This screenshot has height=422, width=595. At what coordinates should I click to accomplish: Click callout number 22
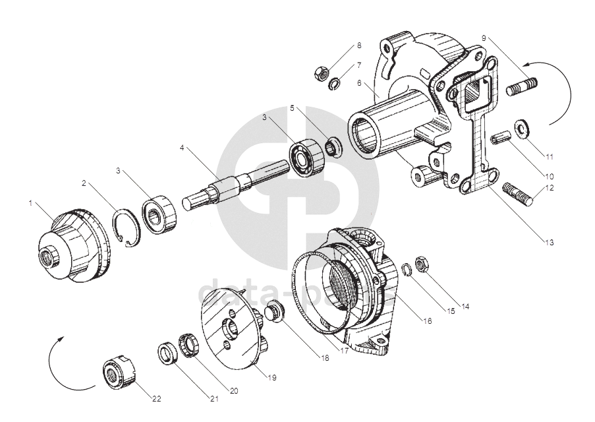coord(157,399)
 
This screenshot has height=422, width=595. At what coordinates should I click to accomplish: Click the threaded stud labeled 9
coord(523,86)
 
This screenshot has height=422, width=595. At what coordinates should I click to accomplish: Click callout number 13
coord(549,242)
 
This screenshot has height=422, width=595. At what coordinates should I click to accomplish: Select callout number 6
coord(359,84)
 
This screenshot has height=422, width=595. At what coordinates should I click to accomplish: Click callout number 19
coord(271,378)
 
